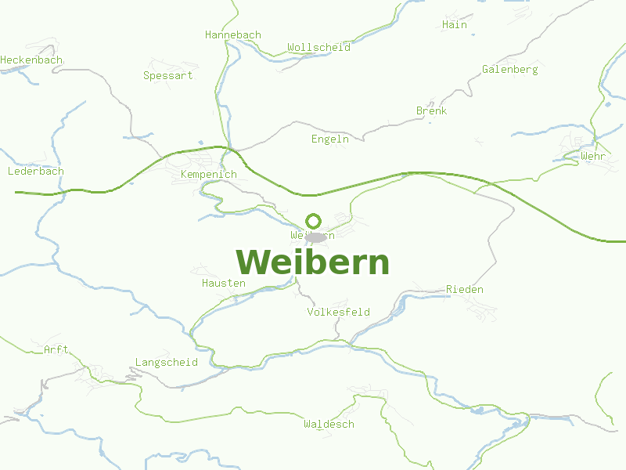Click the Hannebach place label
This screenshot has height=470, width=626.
tap(232, 35)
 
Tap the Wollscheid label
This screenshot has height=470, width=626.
tap(318, 47)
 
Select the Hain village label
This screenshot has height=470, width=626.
tap(454, 24)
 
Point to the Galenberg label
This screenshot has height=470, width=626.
tap(509, 69)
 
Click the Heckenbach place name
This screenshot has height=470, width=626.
tap(31, 60)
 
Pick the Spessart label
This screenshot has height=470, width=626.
tap(167, 76)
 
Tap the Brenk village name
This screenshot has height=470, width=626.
tap(431, 110)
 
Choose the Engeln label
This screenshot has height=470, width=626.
tap(329, 139)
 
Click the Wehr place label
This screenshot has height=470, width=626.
tap(593, 157)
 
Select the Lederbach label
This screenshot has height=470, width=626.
tap(35, 171)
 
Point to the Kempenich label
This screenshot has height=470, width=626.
tap(208, 174)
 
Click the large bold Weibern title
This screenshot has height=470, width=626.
tap(312, 262)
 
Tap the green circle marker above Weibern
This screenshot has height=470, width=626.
tap(313, 221)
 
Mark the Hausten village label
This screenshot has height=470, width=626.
tap(223, 283)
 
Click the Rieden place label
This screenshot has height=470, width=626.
tap(464, 289)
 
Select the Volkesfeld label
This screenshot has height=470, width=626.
tap(338, 312)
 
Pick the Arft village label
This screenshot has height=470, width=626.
tap(56, 349)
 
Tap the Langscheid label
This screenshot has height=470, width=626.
tap(166, 363)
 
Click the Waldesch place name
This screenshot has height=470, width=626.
tap(329, 424)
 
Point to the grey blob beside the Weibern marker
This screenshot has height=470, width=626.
tap(316, 237)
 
